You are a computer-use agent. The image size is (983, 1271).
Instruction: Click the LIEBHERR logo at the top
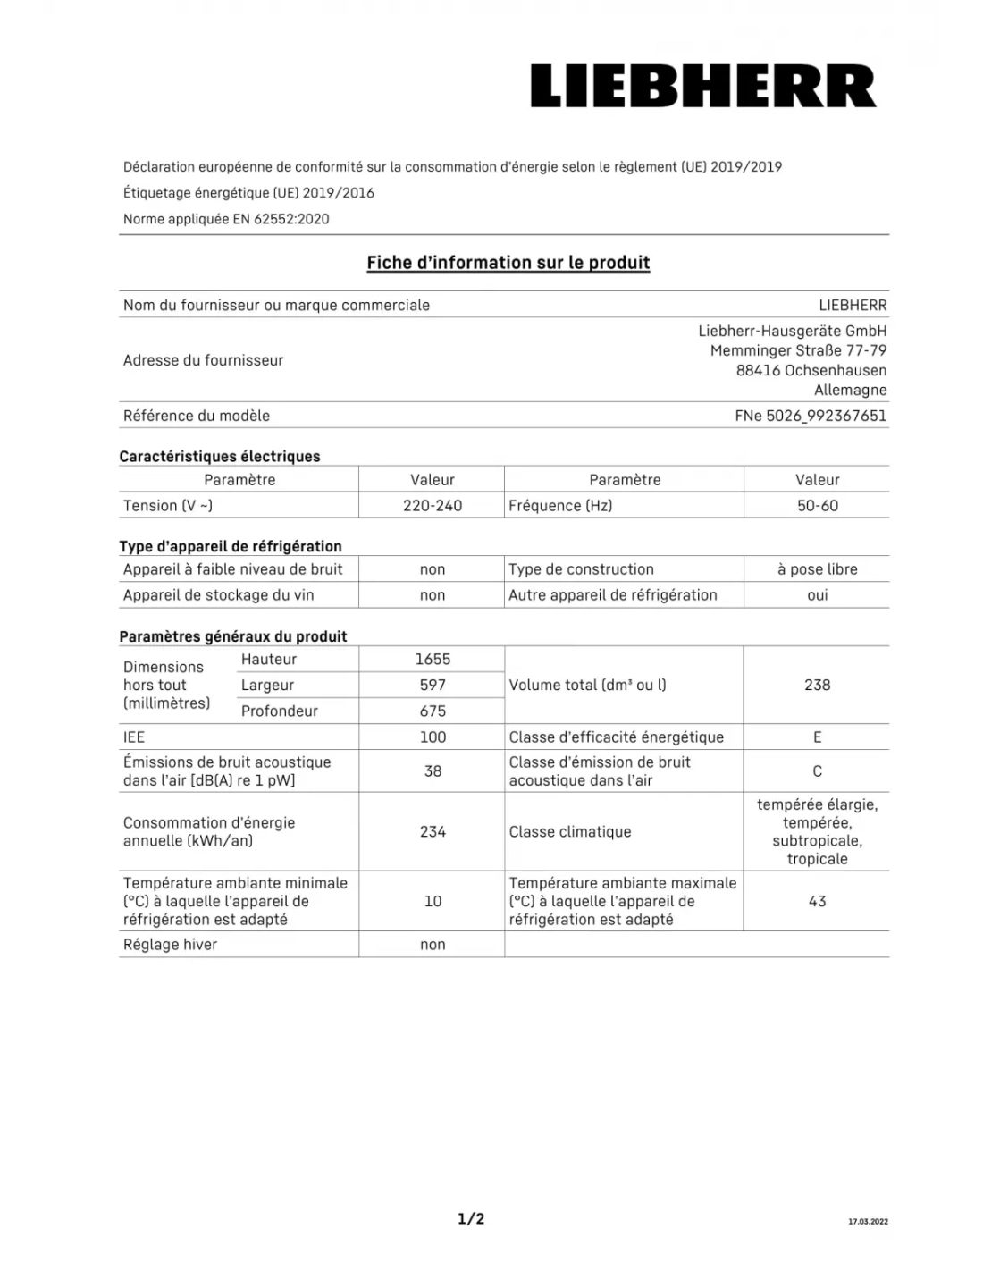703,87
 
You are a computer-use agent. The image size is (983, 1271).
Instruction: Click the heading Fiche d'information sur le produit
508,263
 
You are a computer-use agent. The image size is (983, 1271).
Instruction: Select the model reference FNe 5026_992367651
811,416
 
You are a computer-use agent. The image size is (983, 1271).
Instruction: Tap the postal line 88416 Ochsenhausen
811,370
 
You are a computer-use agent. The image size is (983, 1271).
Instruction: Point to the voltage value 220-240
433,506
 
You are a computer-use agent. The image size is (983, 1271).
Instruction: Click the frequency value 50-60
818,506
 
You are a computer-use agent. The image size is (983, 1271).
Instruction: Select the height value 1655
433,660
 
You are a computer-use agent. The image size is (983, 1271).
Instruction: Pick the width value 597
433,686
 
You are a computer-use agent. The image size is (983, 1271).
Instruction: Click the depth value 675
433,711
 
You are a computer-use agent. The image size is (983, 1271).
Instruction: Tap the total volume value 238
817,686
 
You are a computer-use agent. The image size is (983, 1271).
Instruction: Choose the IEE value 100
433,737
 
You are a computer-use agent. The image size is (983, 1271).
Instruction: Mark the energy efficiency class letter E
817,737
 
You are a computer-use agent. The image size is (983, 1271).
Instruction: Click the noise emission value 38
433,771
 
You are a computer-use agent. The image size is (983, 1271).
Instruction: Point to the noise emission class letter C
817,771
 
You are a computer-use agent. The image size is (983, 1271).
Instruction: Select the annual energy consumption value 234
433,832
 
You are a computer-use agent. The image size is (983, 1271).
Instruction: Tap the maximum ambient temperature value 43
817,902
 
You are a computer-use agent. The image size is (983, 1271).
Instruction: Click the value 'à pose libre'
817,569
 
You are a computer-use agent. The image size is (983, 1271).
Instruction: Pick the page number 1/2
471,1219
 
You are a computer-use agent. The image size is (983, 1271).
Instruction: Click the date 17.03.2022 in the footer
868,1222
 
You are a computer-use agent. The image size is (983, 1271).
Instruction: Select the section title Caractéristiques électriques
220,457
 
